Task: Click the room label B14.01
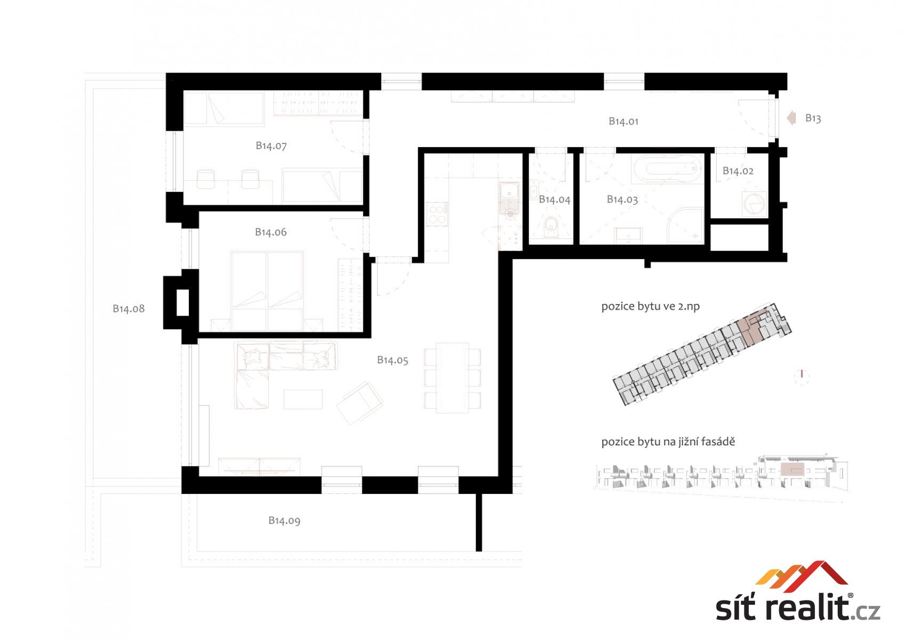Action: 623,121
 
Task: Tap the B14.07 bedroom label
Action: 271,146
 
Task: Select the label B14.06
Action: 271,232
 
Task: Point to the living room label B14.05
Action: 393,360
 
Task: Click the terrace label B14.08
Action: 129,309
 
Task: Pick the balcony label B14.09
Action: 284,521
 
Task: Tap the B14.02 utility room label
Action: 738,171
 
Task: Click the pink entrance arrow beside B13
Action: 791,118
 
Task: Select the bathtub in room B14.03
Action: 668,168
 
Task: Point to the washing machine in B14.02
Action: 754,204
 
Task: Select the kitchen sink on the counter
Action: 509,197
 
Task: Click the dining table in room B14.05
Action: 452,378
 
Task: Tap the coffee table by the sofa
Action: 303,399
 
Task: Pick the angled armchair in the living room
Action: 359,403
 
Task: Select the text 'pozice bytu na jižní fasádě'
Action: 668,442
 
